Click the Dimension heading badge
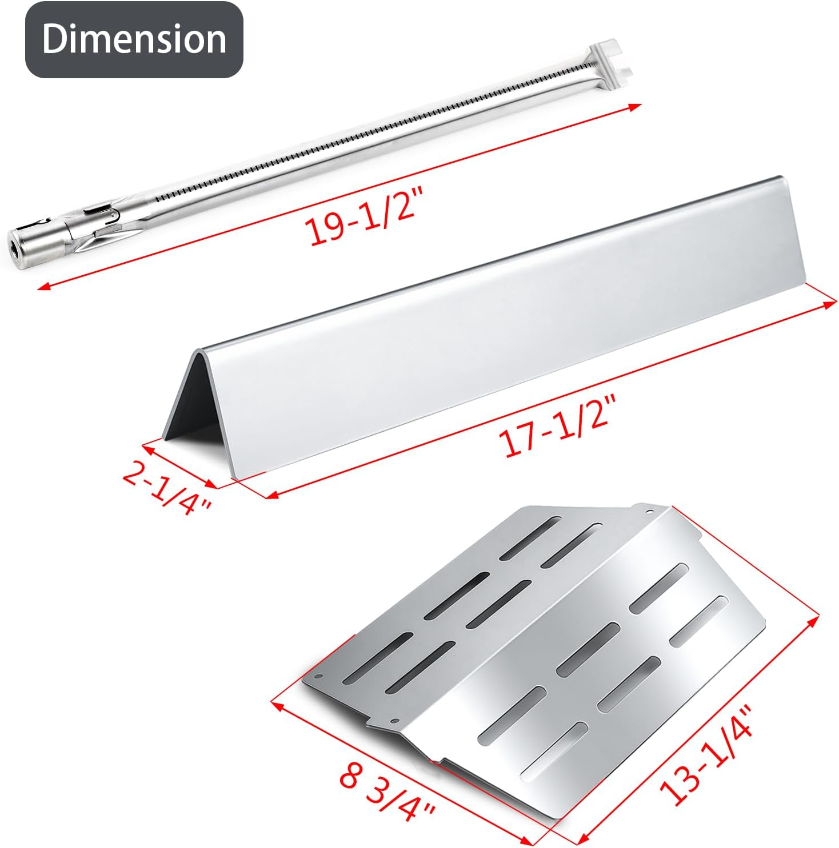point(134,39)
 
